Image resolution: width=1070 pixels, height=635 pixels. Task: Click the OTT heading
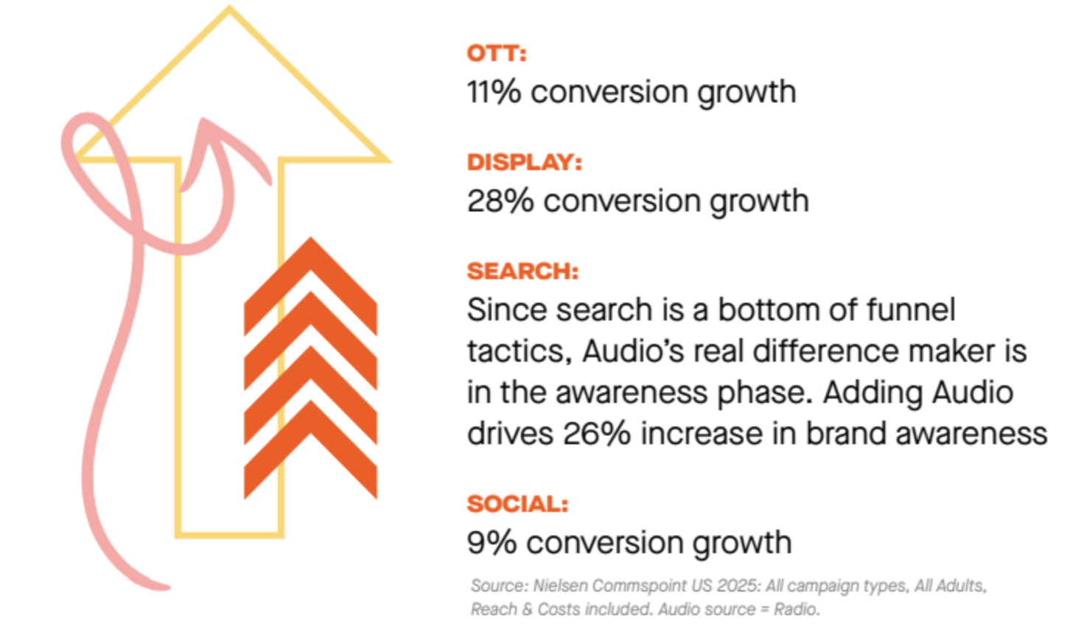[x=497, y=54]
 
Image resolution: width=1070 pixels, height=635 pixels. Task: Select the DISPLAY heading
[x=524, y=162]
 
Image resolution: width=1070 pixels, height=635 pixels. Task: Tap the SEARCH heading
[x=522, y=271]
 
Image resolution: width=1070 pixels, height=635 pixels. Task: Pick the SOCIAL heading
[x=517, y=504]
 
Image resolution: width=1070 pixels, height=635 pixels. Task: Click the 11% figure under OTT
[x=494, y=92]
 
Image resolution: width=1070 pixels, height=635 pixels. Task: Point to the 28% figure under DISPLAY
[x=500, y=201]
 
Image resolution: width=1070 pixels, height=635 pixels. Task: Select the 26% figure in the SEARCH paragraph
[x=597, y=433]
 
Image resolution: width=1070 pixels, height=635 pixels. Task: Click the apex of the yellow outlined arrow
[x=229, y=9]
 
